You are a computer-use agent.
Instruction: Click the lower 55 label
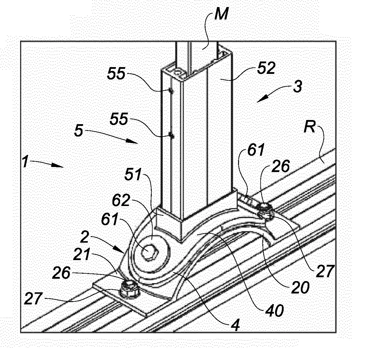click(119, 119)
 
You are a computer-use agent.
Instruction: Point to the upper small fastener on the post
click(171, 91)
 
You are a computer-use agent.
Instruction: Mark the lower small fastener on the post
click(171, 136)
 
